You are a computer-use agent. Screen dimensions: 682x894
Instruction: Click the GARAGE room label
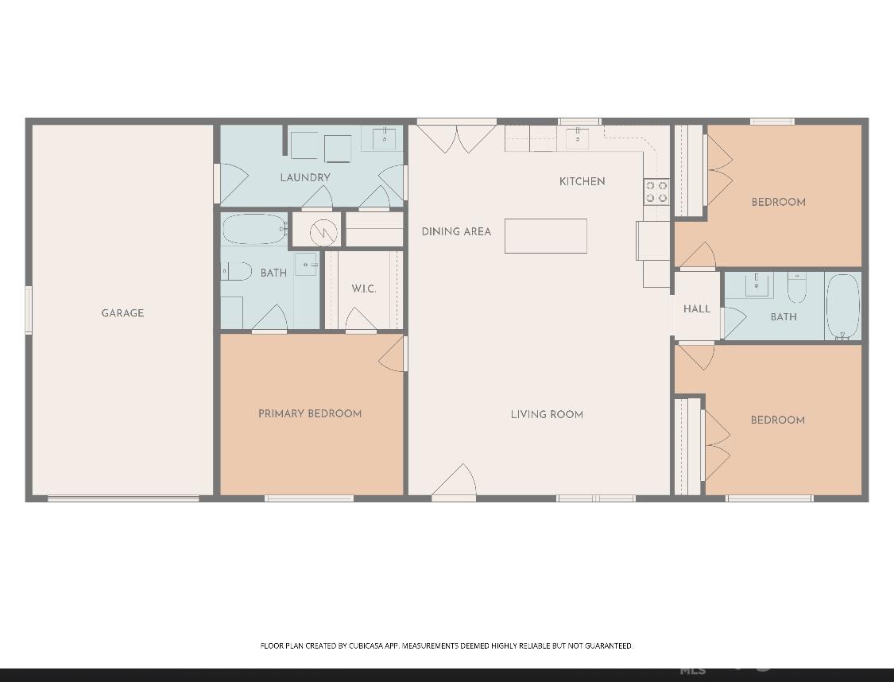point(122,313)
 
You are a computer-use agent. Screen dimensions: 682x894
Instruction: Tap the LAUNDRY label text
point(305,177)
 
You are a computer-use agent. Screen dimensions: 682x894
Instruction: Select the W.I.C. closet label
point(364,289)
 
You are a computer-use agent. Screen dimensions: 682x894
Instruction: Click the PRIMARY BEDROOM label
point(310,413)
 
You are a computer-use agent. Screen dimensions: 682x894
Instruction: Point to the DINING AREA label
point(456,231)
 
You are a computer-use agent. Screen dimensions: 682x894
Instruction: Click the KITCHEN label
point(582,181)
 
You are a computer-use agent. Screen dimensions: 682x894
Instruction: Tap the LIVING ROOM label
point(547,414)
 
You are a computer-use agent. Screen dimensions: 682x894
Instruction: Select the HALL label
point(697,308)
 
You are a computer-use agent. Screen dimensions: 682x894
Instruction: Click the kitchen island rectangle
point(545,236)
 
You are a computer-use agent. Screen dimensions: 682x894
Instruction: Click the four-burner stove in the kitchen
point(656,192)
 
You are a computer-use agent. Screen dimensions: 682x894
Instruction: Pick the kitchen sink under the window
point(578,138)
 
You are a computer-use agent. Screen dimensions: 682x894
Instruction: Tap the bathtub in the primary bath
point(253,230)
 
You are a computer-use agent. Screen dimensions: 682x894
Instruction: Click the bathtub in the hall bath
point(843,307)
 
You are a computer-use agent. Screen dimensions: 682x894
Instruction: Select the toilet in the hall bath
point(796,287)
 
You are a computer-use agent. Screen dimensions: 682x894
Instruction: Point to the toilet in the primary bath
point(236,272)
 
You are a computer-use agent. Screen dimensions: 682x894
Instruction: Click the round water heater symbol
point(323,233)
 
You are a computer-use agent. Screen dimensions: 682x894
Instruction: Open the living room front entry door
point(454,483)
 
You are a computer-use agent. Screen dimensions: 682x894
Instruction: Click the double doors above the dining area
point(457,137)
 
